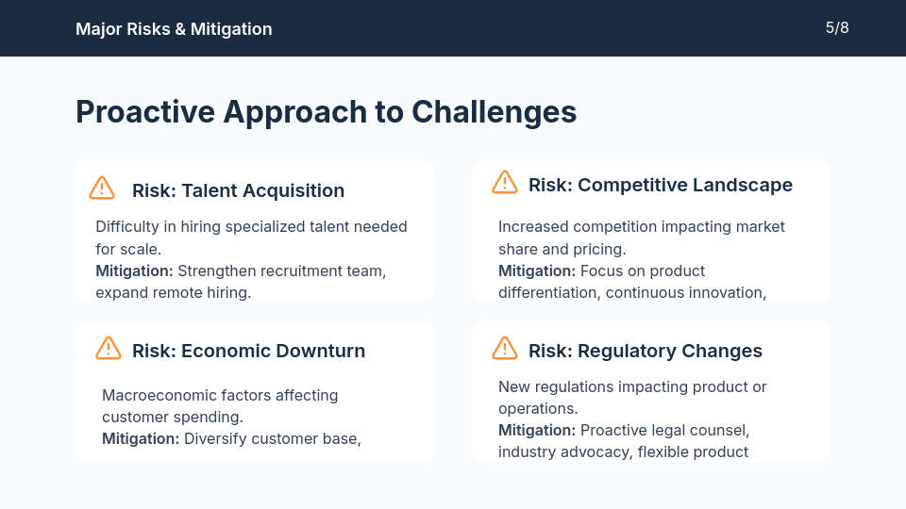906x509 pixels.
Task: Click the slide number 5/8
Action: pyautogui.click(x=837, y=28)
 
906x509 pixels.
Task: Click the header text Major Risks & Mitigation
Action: pyautogui.click(x=174, y=29)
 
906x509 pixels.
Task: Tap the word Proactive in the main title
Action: pyautogui.click(x=144, y=112)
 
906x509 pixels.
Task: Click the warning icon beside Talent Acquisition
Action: pyautogui.click(x=102, y=189)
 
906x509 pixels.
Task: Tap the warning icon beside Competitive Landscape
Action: pyautogui.click(x=505, y=183)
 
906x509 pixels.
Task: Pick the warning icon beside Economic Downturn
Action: pyautogui.click(x=109, y=349)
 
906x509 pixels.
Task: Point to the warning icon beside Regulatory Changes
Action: pyautogui.click(x=505, y=349)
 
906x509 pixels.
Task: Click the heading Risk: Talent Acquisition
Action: pyautogui.click(x=238, y=190)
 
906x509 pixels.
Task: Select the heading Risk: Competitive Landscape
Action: pyautogui.click(x=660, y=185)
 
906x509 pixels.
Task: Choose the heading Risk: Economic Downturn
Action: pyautogui.click(x=248, y=351)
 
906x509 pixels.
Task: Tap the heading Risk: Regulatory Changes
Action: pyautogui.click(x=645, y=351)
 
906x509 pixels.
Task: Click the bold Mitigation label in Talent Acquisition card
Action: pyautogui.click(x=134, y=271)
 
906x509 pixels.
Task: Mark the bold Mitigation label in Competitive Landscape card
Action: pyautogui.click(x=537, y=271)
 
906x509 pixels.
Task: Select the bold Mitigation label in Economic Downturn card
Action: pyautogui.click(x=141, y=438)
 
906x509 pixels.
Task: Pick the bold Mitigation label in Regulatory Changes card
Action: pyautogui.click(x=537, y=431)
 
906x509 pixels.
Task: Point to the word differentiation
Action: pyautogui.click(x=547, y=292)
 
